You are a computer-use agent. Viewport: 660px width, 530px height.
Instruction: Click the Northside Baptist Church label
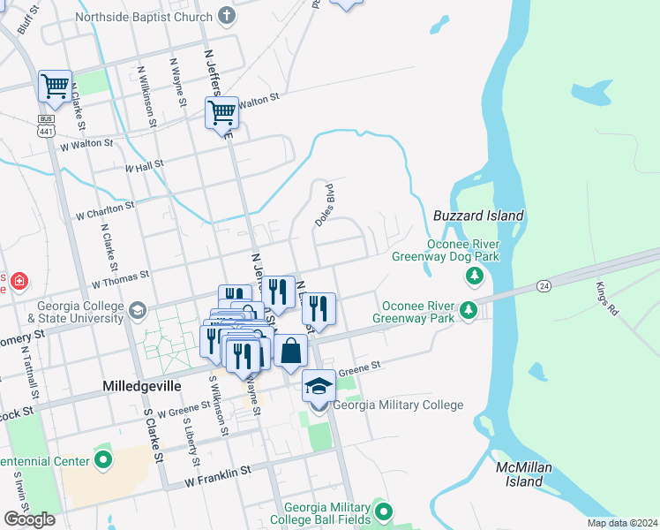[144, 17]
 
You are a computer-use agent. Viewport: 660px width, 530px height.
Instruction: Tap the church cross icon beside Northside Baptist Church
[228, 17]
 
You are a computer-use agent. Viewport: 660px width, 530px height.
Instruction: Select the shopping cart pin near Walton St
[222, 113]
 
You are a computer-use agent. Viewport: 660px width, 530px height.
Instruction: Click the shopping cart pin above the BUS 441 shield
[55, 87]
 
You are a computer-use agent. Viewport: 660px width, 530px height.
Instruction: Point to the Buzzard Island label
[479, 216]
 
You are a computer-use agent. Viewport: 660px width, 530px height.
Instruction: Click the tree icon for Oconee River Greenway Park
[469, 310]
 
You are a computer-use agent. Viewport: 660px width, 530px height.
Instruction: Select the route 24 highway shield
[544, 286]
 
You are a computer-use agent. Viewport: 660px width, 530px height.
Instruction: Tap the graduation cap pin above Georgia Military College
[319, 386]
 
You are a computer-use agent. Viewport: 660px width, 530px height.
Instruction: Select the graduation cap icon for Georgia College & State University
[137, 310]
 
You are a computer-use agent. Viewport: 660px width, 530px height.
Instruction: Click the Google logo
[29, 519]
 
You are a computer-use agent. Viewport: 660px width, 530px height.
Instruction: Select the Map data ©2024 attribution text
[622, 523]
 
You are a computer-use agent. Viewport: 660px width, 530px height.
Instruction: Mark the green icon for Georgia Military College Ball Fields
[382, 511]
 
